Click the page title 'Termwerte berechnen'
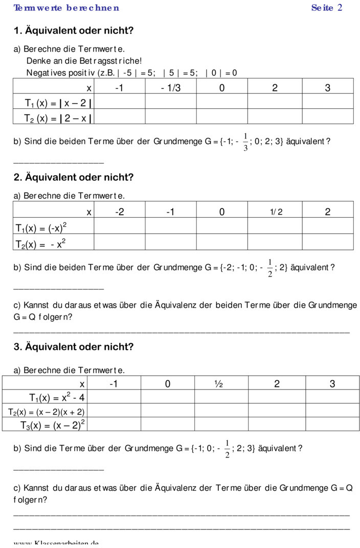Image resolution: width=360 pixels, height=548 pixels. tap(66, 8)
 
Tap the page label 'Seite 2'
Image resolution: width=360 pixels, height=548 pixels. tap(326, 8)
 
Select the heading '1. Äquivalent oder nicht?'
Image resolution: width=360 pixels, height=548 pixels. tap(74, 31)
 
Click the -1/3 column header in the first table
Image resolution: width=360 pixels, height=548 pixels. tap(170, 88)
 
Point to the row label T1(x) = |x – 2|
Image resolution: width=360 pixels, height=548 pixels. tap(58, 103)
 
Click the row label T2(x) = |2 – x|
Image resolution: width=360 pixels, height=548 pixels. tap(58, 119)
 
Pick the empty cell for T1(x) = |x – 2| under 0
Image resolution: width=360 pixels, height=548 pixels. tap(222, 103)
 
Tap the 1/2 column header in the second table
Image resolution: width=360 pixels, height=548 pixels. tap(276, 212)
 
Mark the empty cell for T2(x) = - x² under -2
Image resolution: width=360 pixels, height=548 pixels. tap(119, 242)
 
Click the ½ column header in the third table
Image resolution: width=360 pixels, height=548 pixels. tap(218, 384)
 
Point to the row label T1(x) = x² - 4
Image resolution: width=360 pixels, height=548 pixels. tap(56, 397)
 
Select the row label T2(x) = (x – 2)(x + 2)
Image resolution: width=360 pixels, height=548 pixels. tap(46, 412)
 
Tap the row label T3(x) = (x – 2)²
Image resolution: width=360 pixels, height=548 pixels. tap(52, 425)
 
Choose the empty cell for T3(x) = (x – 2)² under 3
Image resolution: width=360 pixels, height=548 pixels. tap(332, 424)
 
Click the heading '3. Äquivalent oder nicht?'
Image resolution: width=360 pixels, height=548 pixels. tap(74, 347)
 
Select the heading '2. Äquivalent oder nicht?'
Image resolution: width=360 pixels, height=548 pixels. tap(74, 178)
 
